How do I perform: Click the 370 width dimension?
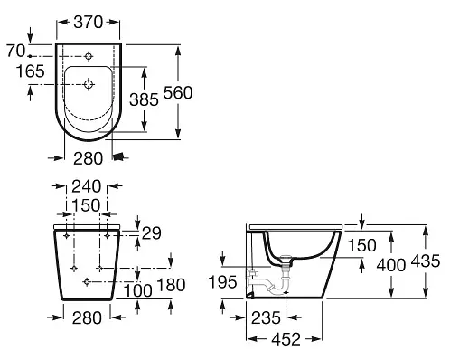click(89, 23)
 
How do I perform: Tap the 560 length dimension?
click(178, 92)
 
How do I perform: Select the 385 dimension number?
click(144, 99)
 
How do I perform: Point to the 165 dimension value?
click(30, 71)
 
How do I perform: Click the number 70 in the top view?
click(16, 51)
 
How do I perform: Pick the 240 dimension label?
click(86, 186)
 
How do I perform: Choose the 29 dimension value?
click(152, 233)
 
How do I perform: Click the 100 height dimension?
click(138, 291)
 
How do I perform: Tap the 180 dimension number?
click(171, 285)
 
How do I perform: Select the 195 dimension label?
click(222, 282)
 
